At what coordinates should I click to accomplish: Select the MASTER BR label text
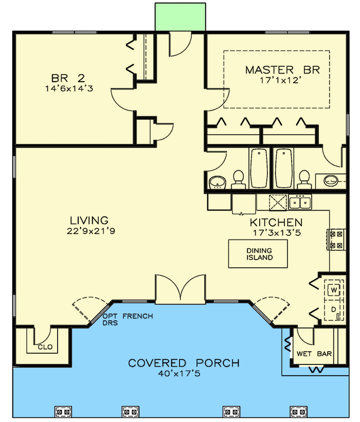coord(282,70)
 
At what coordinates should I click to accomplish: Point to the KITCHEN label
coord(276,223)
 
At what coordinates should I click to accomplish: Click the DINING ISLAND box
coord(258,254)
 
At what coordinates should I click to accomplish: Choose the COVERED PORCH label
coord(184,363)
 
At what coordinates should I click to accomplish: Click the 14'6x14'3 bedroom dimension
coord(68,88)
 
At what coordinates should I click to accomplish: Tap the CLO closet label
coord(45,347)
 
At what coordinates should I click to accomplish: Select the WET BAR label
coord(314,354)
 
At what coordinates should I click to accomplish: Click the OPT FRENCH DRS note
coord(128,320)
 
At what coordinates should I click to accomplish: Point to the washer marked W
coord(333,290)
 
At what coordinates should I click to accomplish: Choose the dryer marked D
coord(333,310)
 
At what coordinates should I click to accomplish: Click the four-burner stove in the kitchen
coord(336,240)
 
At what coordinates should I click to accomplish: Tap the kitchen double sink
coord(300,203)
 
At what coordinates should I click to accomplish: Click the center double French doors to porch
coord(180,289)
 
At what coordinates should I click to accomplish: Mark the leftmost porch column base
coord(62,411)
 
